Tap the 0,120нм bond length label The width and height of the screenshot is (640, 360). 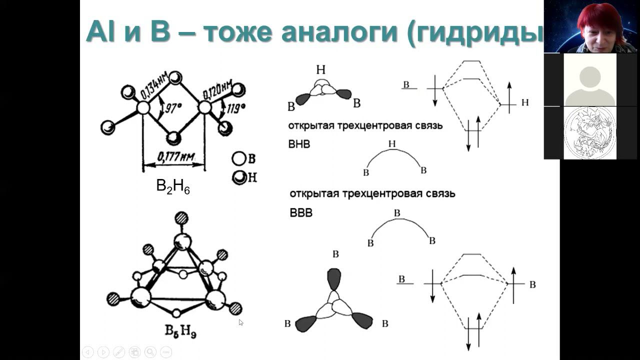point(217,90)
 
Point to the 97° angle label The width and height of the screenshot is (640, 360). point(172,108)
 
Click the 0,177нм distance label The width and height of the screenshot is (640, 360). point(176,156)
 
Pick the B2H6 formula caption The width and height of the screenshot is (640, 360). point(173,186)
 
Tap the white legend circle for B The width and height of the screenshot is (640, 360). point(238,158)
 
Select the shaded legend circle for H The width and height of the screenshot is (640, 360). point(239,177)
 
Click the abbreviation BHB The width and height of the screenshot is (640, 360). point(299,144)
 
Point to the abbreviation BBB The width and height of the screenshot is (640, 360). point(301,213)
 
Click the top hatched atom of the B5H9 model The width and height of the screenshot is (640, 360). point(181,218)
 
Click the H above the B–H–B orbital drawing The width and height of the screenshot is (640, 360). point(321,69)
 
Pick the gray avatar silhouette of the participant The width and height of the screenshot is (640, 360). point(590,85)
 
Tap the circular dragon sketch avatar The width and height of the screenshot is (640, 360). point(590,133)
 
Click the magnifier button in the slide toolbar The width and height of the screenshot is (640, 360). point(150,352)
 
